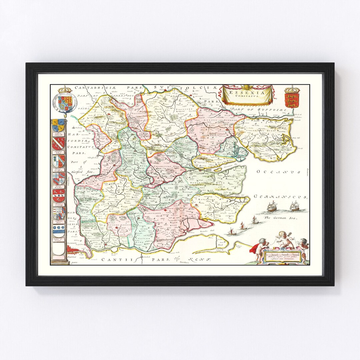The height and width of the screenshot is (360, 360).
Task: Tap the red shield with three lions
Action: coord(292,100)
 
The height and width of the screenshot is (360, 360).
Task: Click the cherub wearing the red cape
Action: coord(260,249)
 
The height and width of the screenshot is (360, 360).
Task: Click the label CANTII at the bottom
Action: coord(113,259)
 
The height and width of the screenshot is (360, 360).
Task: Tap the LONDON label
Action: coord(72,243)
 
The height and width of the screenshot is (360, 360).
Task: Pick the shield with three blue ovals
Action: coord(59,230)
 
